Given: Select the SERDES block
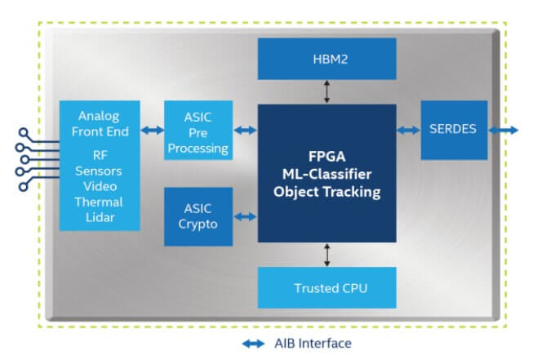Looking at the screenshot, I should pyautogui.click(x=454, y=130).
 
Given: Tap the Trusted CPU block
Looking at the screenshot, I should pyautogui.click(x=326, y=288).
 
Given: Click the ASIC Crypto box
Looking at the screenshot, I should pyautogui.click(x=198, y=216).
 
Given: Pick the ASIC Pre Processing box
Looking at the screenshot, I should pyautogui.click(x=198, y=130).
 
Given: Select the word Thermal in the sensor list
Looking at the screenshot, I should pyautogui.click(x=98, y=202).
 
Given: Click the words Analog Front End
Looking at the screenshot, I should pyautogui.click(x=99, y=123).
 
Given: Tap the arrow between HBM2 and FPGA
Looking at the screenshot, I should pyautogui.click(x=326, y=91).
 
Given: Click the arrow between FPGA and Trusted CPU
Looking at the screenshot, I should pyautogui.click(x=326, y=255).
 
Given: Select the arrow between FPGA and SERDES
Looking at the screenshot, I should pyautogui.click(x=408, y=130).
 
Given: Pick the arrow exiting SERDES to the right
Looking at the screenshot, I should pyautogui.click(x=502, y=130).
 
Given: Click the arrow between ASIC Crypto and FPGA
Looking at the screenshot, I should pyautogui.click(x=245, y=216).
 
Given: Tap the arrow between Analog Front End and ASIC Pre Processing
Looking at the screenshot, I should pyautogui.click(x=152, y=130).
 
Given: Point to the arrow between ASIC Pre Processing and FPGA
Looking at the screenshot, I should pyautogui.click(x=245, y=130).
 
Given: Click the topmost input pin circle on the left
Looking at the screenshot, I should pyautogui.click(x=24, y=131).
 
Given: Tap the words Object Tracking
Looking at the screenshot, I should pyautogui.click(x=326, y=193).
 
